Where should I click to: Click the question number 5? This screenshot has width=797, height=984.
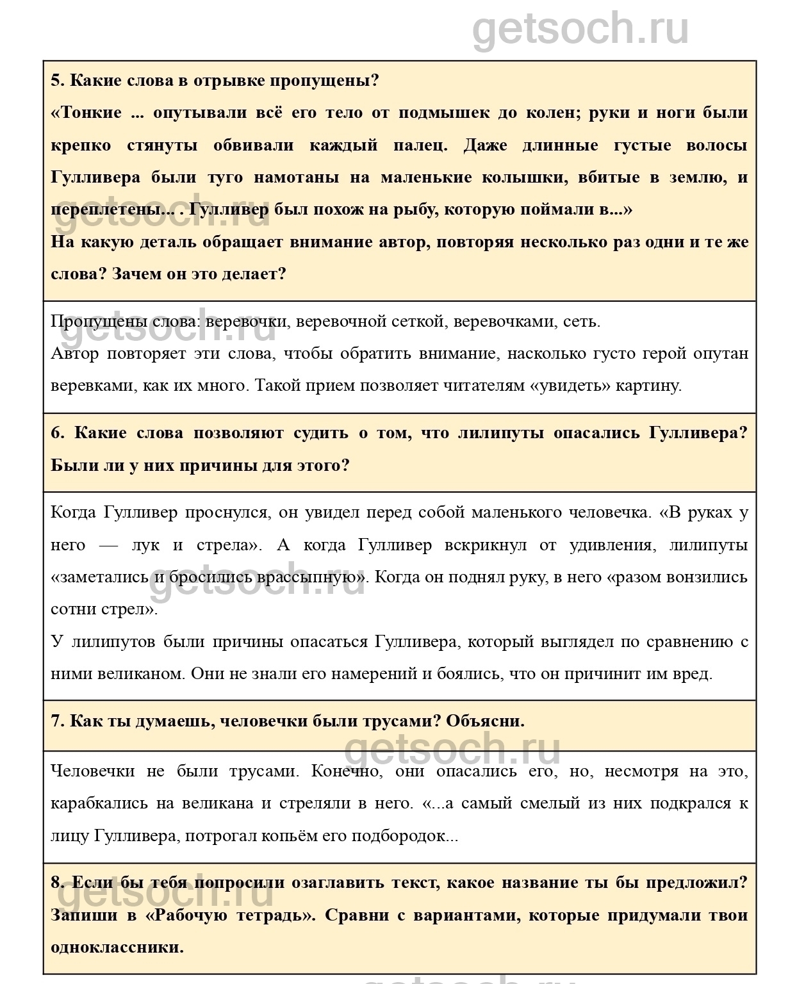[56, 81]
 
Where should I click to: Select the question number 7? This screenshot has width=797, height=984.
[57, 721]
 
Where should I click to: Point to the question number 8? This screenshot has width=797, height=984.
[57, 883]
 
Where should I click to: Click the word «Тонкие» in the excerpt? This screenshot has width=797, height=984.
[89, 113]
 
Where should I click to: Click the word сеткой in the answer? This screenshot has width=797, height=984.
[415, 322]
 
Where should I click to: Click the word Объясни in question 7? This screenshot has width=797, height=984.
[485, 721]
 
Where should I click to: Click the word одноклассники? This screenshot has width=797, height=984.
[117, 947]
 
